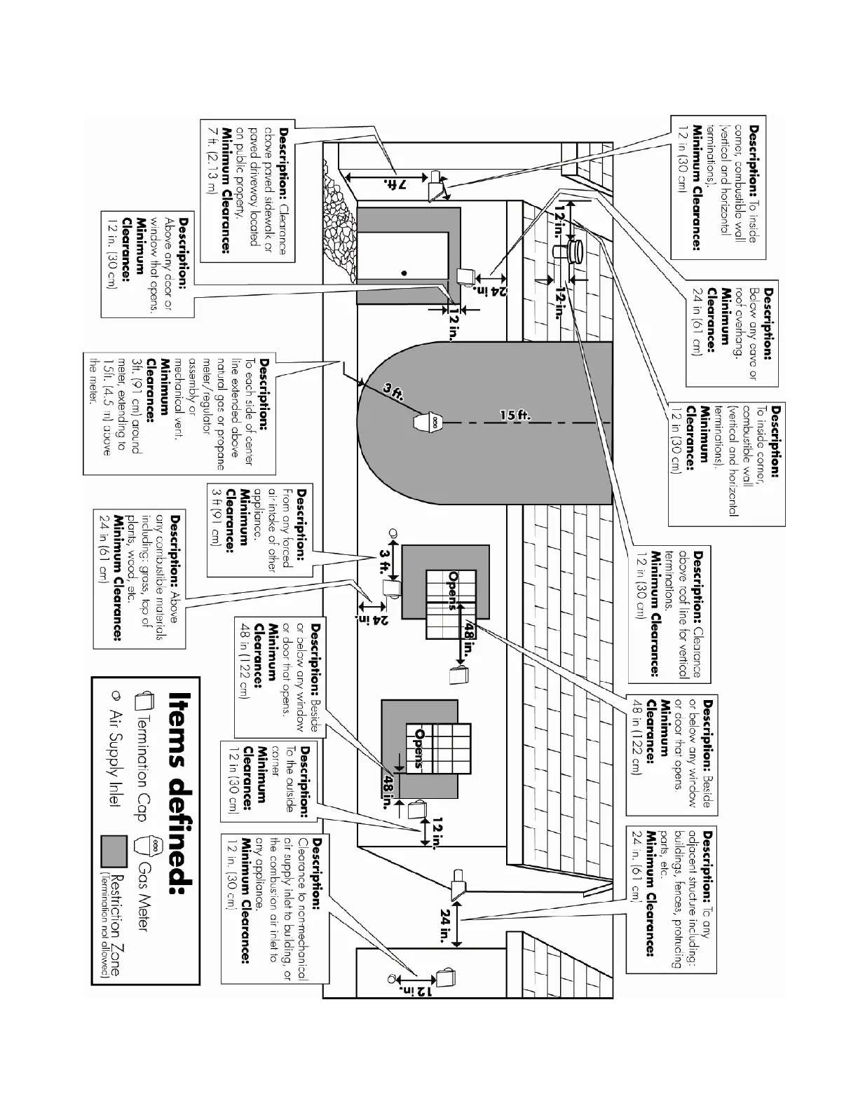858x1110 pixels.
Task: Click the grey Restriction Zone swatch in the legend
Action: pyautogui.click(x=114, y=850)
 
